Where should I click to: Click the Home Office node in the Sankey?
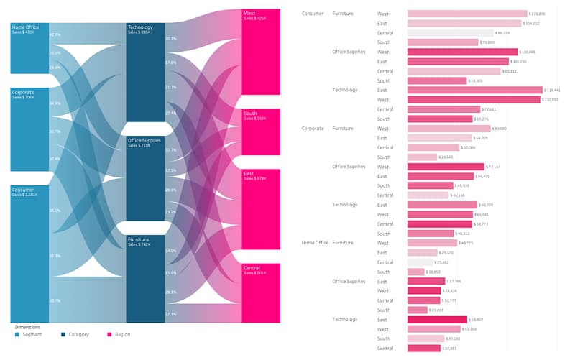(29, 48)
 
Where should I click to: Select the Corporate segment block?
(29, 129)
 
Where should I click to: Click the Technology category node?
(145, 72)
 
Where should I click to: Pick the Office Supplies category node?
(145, 178)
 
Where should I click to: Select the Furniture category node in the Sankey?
(145, 278)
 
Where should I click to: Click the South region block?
(261, 132)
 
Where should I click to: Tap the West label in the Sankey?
(249, 13)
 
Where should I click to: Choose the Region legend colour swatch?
(109, 334)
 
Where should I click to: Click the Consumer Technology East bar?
(474, 90)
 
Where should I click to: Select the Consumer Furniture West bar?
(467, 14)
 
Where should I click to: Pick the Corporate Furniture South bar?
(422, 157)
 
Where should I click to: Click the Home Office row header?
(315, 243)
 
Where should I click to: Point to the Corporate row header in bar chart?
(313, 129)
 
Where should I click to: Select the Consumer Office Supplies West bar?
(462, 52)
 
